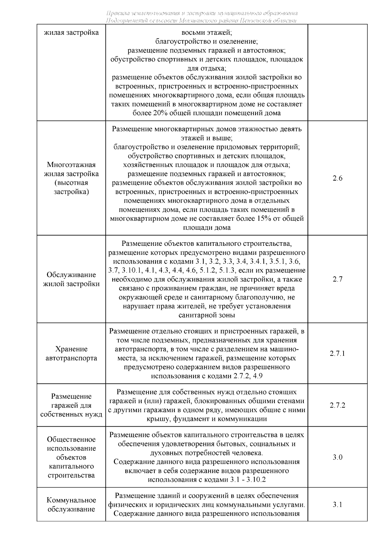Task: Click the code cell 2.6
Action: click(337, 178)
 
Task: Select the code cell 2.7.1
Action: click(337, 353)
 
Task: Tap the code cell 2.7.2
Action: click(337, 405)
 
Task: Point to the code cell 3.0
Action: click(337, 457)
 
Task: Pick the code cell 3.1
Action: click(337, 504)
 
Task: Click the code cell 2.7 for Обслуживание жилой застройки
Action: click(337, 279)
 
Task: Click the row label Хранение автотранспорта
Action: click(71, 354)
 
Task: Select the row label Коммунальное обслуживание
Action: click(71, 504)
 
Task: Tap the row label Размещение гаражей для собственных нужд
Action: click(71, 405)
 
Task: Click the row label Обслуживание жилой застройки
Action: click(71, 279)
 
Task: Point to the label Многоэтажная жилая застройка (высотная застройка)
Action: click(71, 178)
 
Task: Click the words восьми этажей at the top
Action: click(207, 32)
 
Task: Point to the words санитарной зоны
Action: click(207, 315)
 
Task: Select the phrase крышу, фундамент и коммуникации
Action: click(207, 419)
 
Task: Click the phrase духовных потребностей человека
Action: click(207, 453)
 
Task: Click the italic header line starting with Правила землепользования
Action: click(202, 14)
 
